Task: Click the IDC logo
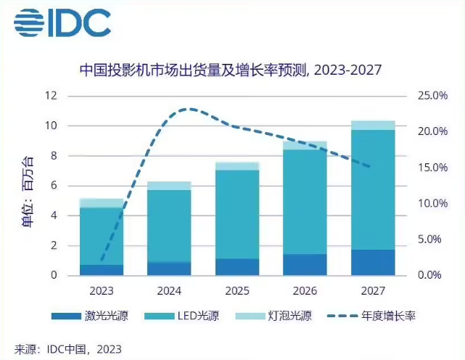(x=62, y=22)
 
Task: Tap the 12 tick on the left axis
(x=51, y=96)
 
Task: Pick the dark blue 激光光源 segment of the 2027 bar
(x=374, y=263)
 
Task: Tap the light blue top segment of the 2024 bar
(x=170, y=186)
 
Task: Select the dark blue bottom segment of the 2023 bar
(x=102, y=270)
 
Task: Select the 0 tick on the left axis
(x=54, y=276)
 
